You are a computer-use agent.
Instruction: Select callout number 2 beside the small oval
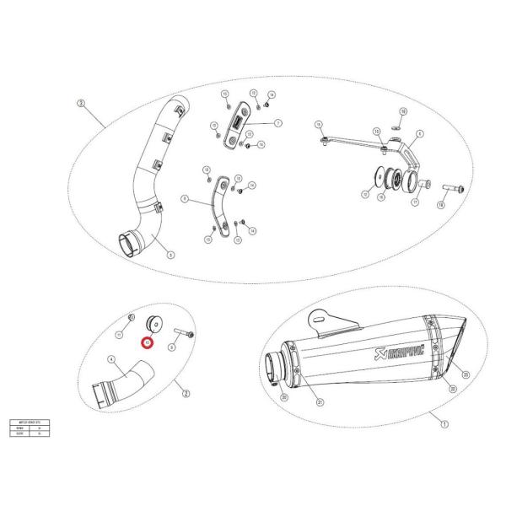pos(186,392)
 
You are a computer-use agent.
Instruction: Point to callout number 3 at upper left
pos(80,104)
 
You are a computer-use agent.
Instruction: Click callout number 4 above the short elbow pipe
pos(110,360)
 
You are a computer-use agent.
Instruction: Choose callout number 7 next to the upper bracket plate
pos(277,123)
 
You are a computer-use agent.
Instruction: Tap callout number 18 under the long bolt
pos(440,205)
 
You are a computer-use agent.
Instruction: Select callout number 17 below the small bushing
pos(415,202)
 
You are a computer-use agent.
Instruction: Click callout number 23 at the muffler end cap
pos(465,374)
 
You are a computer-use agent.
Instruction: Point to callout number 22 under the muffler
pos(452,389)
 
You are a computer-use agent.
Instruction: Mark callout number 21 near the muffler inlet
pos(320,402)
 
